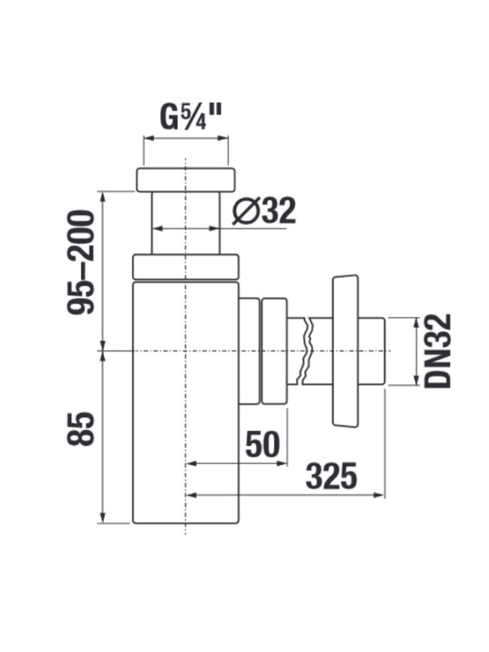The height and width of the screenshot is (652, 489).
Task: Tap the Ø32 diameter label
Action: coord(264,211)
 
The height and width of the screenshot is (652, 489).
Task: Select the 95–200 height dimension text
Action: coord(81,263)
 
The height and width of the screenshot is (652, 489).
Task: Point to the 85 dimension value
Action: coord(81,429)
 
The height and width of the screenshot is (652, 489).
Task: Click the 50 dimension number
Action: coord(263,444)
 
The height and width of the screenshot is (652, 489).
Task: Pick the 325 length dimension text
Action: coord(331,476)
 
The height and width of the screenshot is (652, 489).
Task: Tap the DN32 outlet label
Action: coord(438,351)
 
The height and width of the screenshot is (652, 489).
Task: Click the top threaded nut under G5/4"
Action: coord(186,180)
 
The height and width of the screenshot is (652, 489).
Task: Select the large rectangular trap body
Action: coord(186,402)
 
